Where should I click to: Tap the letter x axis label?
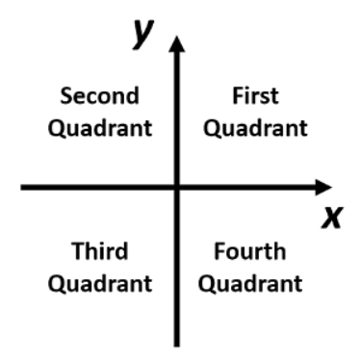[x=332, y=219]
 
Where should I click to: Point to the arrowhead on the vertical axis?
[x=175, y=44]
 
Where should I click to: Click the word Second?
[x=99, y=97]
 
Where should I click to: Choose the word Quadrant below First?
[x=256, y=127]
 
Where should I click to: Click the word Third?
[x=100, y=252]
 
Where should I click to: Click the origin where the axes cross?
[x=175, y=187]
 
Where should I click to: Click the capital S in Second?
[x=66, y=97]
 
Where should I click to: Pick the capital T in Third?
[x=76, y=252]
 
